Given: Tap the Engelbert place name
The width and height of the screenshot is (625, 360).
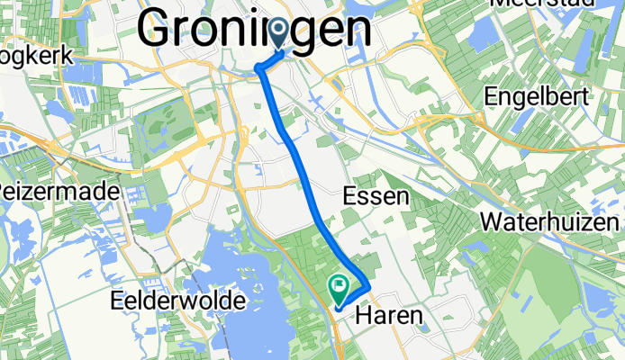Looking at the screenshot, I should pos(537,96).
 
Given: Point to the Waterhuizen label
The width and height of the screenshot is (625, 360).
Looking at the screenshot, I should pos(552,220).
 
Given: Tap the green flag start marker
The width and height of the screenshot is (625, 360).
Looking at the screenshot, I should pos(340,289).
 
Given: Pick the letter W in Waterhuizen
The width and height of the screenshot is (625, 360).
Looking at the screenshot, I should pos(493,220).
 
